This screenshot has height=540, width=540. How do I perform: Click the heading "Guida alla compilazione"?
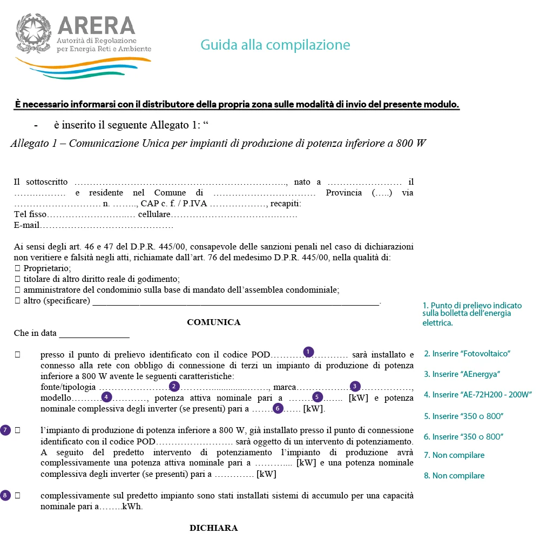tap(275, 44)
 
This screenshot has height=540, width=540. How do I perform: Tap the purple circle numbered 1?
tap(308, 352)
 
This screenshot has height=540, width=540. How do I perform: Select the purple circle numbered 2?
tap(174, 386)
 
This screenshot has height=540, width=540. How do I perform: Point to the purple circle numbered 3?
tap(355, 386)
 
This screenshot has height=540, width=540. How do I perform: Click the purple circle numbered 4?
tap(106, 397)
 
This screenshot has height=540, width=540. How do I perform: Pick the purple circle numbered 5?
tap(318, 397)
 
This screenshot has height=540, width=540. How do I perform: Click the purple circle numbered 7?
tap(5, 430)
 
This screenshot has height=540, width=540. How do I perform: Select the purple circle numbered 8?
tap(5, 495)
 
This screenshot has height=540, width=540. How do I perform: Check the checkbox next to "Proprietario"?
tap(17, 268)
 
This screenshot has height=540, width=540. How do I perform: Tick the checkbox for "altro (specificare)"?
tap(17, 301)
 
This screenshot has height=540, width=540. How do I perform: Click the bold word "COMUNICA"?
tap(213, 322)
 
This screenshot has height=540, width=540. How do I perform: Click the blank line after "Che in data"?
tap(94, 334)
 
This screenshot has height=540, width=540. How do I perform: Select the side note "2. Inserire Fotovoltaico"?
tap(467, 354)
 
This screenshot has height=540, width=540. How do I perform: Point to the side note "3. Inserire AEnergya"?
tap(462, 374)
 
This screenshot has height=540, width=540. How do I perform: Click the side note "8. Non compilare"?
tap(454, 476)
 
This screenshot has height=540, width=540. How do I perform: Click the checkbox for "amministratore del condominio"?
tap(17, 290)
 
